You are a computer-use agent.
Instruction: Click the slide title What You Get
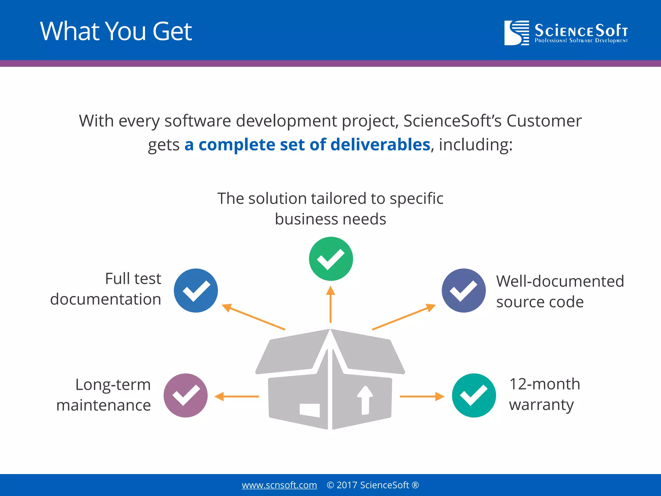[116, 31]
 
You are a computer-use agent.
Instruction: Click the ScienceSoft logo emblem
[516, 33]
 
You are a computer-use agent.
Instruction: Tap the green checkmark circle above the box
[331, 259]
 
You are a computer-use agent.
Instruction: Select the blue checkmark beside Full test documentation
[196, 290]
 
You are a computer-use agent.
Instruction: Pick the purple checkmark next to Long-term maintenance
[186, 395]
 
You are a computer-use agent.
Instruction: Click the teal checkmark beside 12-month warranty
[474, 395]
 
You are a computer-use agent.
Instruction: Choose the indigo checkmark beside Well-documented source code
[463, 290]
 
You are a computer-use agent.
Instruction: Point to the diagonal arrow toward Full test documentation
[253, 317]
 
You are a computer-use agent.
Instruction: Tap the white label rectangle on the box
[310, 410]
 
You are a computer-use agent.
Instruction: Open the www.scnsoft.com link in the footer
[279, 485]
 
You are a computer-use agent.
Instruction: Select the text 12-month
[544, 384]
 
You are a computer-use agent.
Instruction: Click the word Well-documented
[560, 281]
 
